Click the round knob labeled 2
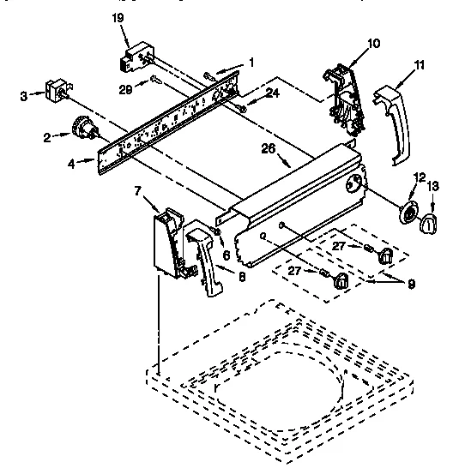coord(83,128)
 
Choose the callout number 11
coord(418,65)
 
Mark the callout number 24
coord(273,93)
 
